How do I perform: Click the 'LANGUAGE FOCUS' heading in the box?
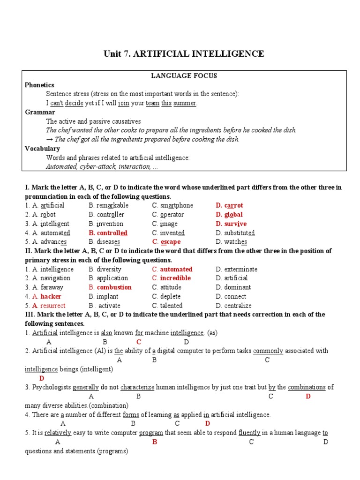pyautogui.click(x=184, y=76)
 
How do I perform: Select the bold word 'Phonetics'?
pyautogui.click(x=39, y=85)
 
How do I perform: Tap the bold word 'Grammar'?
pyautogui.click(x=40, y=112)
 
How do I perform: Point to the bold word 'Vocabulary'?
pyautogui.click(x=42, y=149)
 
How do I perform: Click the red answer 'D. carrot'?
pyautogui.click(x=229, y=205)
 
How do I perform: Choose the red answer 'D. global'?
pyautogui.click(x=229, y=215)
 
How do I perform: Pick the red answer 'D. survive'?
pyautogui.click(x=231, y=224)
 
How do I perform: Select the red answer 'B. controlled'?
pyautogui.click(x=108, y=233)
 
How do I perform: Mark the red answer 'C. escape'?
pyautogui.click(x=166, y=242)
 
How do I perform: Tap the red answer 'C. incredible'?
pyautogui.click(x=171, y=278)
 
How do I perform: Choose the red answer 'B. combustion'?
pyautogui.click(x=110, y=287)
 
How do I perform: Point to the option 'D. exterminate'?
pyautogui.click(x=236, y=269)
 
